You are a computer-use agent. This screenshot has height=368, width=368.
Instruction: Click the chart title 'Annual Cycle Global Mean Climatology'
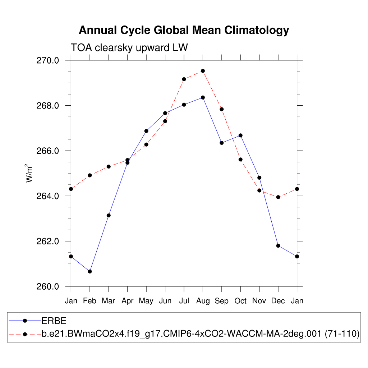point(184,30)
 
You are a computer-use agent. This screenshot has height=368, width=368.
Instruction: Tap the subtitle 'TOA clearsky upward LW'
point(129,47)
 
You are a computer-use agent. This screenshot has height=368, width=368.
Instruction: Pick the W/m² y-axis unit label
point(29,174)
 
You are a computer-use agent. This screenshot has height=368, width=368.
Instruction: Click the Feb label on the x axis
point(89,301)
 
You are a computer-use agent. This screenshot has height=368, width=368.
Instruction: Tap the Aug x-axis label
point(203,301)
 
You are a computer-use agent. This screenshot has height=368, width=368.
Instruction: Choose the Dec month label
point(278,301)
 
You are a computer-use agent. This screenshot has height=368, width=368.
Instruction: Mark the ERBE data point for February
point(90,271)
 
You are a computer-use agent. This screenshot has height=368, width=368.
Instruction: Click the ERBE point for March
point(109,215)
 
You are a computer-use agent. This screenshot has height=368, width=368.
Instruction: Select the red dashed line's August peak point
point(203,71)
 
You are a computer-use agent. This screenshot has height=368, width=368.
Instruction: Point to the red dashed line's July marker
point(184,79)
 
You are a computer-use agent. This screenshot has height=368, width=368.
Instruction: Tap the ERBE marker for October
point(240,135)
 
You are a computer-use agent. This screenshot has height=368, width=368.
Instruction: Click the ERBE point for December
point(278,245)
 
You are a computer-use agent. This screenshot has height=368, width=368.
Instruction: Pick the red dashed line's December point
point(278,197)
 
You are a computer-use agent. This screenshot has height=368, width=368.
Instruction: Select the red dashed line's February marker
point(90,175)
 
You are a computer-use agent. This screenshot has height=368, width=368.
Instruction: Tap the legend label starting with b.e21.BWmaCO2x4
point(201,334)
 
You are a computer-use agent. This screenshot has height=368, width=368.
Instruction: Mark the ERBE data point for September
point(222,143)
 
